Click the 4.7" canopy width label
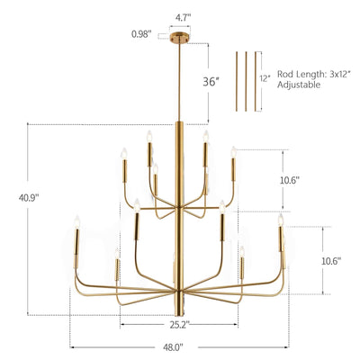(180, 15)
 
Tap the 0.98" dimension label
(140, 35)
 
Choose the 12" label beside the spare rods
(262, 78)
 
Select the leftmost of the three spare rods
(238, 81)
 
